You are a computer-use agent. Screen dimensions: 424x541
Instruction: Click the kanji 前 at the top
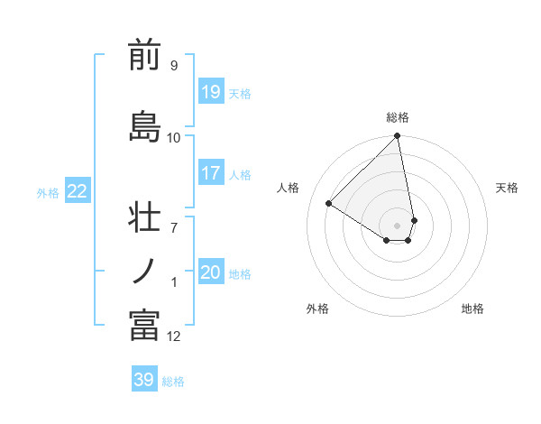[144, 56]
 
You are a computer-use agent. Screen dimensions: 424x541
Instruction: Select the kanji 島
[144, 125]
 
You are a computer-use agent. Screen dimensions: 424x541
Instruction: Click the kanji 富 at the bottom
[144, 326]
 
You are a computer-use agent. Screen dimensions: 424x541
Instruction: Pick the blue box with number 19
[210, 91]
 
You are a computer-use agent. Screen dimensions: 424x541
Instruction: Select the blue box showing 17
[210, 172]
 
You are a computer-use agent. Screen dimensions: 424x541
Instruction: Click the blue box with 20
[210, 272]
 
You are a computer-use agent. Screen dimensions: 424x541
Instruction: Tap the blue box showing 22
[78, 190]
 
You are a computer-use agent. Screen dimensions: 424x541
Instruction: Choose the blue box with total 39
[144, 380]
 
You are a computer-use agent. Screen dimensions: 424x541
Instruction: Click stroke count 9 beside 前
[173, 66]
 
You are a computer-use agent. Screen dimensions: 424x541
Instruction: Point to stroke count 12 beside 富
[174, 336]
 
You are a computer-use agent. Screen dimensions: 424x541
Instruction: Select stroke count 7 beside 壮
[173, 217]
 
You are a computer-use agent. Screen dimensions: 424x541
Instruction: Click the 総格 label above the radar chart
[398, 117]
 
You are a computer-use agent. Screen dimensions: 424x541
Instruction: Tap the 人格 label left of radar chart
[289, 188]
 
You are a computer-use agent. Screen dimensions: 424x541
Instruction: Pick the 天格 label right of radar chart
[507, 188]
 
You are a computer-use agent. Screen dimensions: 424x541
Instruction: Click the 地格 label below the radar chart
[472, 309]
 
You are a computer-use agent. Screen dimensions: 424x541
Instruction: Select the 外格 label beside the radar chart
[317, 309]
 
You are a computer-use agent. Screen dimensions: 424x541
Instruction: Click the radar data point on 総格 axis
[398, 137]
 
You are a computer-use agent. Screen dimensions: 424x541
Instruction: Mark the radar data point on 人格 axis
[329, 203]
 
